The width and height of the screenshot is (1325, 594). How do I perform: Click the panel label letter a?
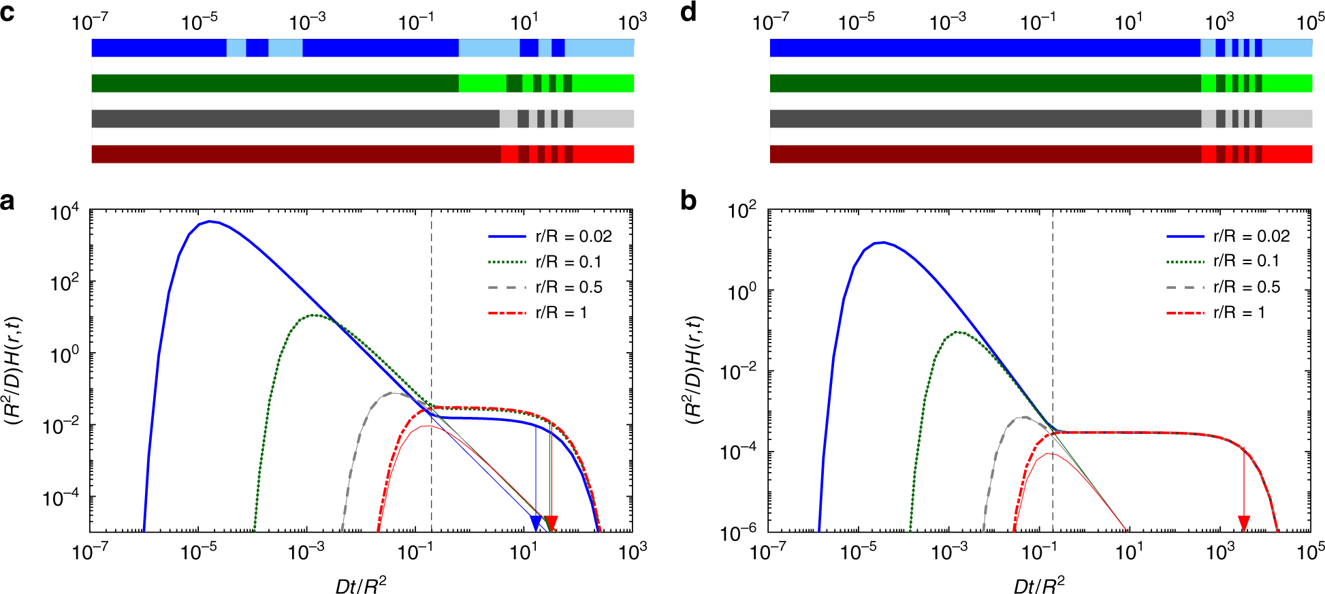pos(7,202)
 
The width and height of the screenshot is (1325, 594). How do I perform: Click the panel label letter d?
pos(688,12)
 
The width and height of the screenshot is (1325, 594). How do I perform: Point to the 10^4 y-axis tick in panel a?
pos(65,213)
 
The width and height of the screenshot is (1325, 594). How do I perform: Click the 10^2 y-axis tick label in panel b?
pos(741,210)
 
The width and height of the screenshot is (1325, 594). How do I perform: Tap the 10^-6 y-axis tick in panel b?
pos(738,533)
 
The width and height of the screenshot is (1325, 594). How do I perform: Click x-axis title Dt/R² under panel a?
pos(361,585)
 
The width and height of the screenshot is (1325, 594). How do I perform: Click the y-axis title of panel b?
pos(693,371)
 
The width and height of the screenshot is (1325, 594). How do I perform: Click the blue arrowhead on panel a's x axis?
pos(536,523)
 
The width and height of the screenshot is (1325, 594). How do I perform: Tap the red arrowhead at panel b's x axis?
pos(1244,523)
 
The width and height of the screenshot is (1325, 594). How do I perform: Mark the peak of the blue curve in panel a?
pos(211,221)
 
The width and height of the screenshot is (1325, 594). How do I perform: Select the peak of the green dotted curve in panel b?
pos(959,332)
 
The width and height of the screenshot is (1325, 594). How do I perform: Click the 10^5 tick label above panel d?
pos(1310,22)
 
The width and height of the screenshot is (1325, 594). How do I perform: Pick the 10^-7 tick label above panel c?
pos(89,22)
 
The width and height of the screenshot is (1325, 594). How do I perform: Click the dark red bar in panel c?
pos(296,154)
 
